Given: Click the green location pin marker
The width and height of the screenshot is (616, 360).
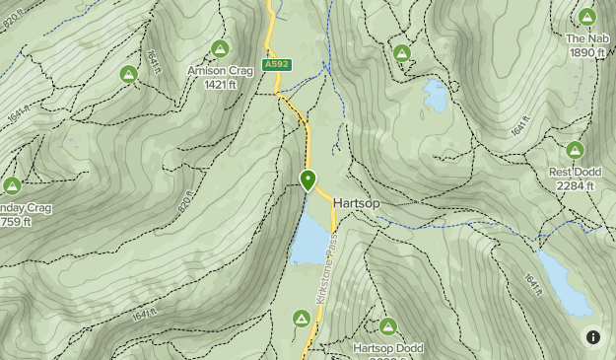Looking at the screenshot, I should point(308,180).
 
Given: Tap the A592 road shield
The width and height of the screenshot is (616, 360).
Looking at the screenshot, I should point(275,65).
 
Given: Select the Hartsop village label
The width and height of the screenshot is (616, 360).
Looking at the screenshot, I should point(356,203).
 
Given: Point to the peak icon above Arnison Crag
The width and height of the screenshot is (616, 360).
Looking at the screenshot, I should point(219,48).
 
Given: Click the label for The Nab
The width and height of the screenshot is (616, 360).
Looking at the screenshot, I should point(586,39).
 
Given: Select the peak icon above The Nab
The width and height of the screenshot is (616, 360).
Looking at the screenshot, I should point(587,17).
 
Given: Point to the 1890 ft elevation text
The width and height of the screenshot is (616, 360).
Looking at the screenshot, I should point(586,53).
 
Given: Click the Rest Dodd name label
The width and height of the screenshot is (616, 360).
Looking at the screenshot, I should point(575,173).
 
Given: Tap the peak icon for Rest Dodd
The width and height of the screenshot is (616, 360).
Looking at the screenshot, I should point(575,150).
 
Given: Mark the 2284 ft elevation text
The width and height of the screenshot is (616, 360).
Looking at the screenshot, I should point(575,186).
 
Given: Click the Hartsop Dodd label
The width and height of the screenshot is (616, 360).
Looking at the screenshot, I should point(387,348).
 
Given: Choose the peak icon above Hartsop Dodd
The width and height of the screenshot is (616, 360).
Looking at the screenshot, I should point(387,326).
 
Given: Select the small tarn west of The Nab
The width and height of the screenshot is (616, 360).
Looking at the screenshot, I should point(434,95).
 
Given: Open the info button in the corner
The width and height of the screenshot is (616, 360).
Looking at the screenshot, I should point(593,337).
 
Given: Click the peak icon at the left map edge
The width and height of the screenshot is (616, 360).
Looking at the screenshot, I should point(12,185).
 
